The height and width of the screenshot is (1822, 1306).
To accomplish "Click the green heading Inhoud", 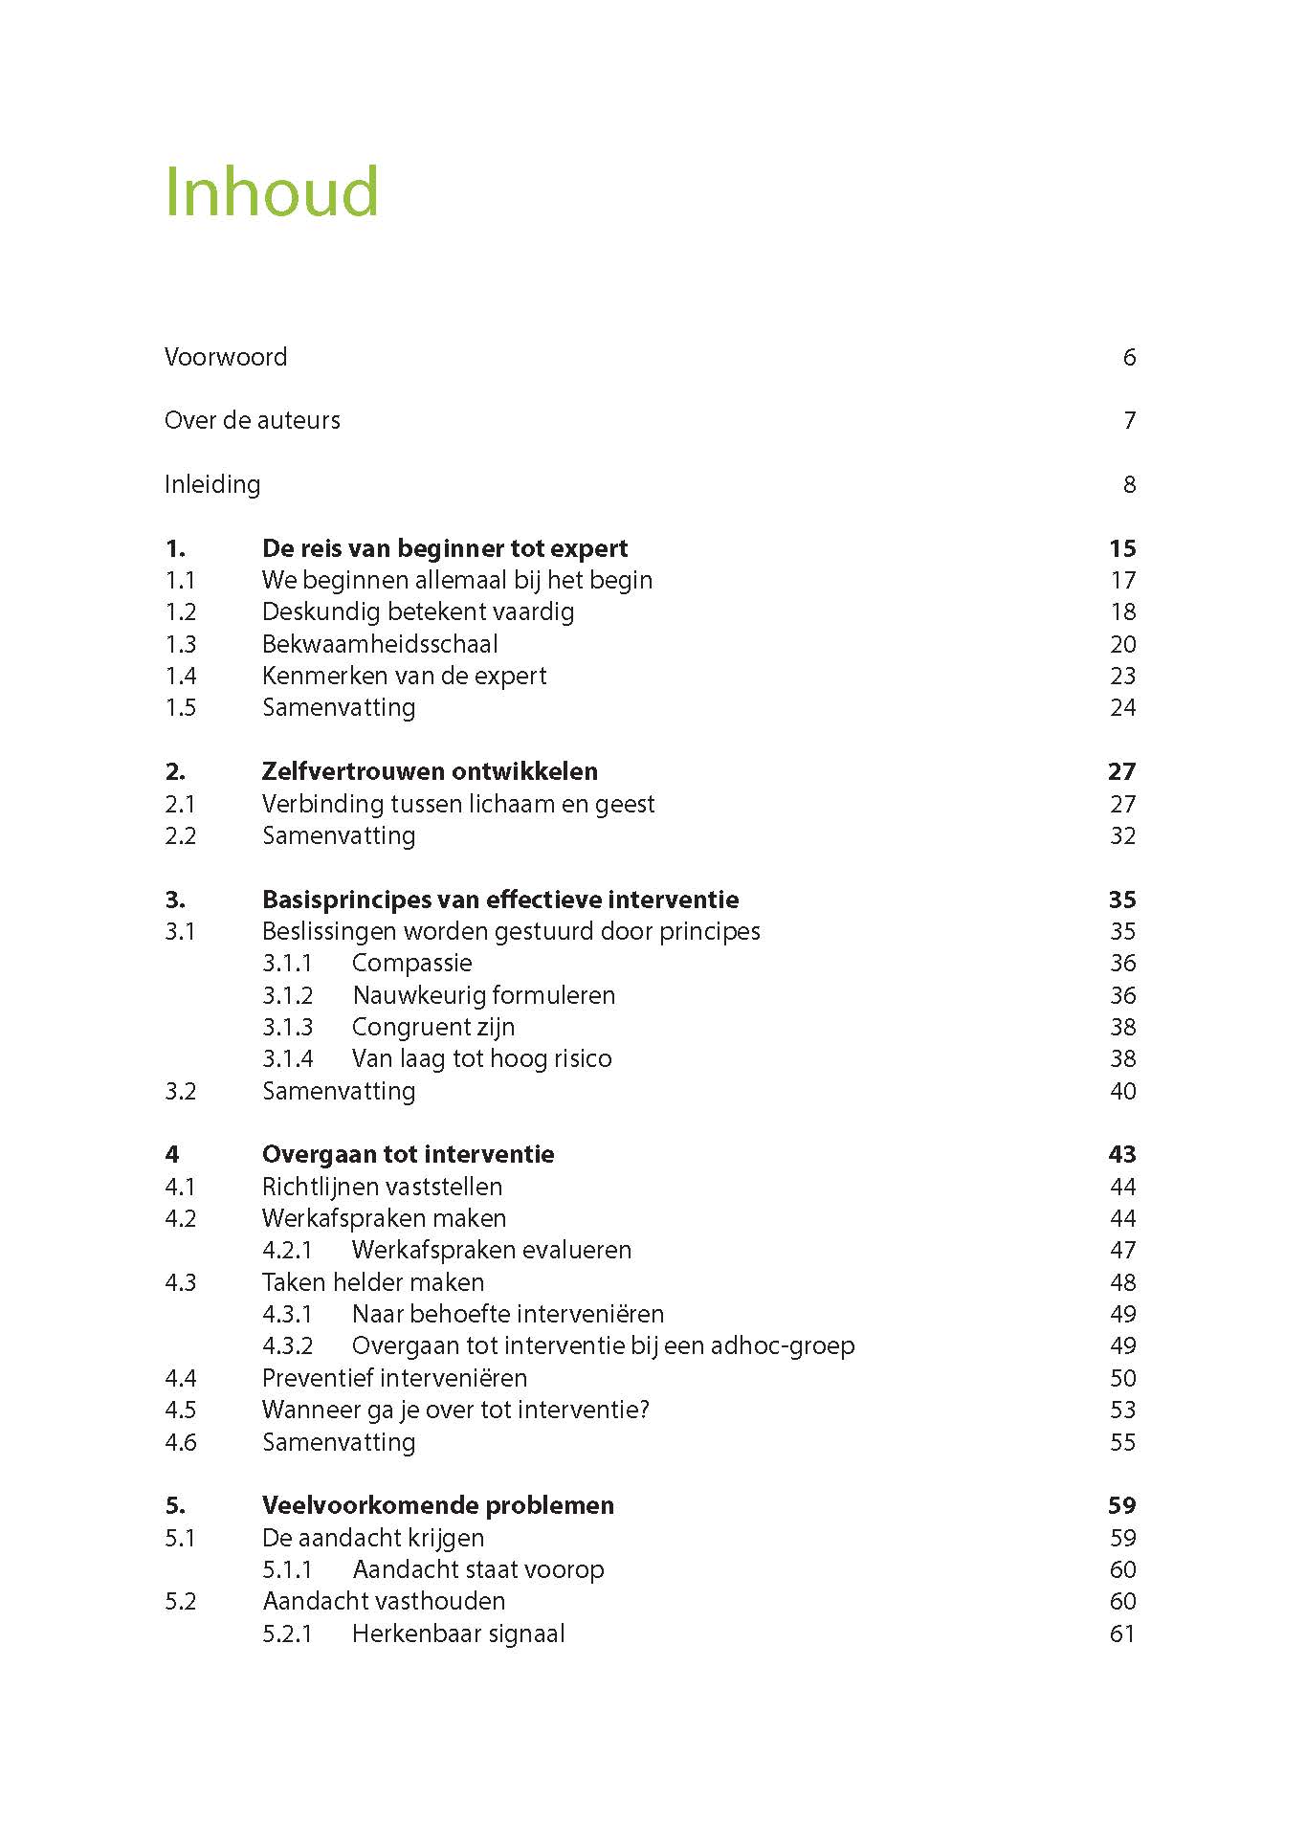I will click(x=272, y=192).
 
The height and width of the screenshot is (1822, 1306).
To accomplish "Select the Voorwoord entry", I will click(x=226, y=357).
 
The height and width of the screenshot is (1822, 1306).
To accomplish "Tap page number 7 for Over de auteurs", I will click(x=1129, y=420).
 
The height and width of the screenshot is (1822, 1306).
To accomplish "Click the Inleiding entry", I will click(x=212, y=484).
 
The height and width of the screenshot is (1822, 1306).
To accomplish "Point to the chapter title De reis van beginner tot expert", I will click(x=445, y=548).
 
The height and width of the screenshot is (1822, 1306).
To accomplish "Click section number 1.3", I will click(x=180, y=644).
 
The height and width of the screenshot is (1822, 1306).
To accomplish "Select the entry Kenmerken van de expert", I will click(x=404, y=676).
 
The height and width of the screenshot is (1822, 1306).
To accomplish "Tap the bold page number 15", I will click(x=1122, y=548).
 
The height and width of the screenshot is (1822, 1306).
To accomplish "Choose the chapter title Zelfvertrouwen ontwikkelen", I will click(x=430, y=771).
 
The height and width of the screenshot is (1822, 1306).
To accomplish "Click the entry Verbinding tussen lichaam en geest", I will click(x=458, y=804).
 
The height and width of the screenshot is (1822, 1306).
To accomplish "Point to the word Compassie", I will click(x=411, y=963).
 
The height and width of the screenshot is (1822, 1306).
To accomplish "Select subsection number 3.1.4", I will click(x=287, y=1058).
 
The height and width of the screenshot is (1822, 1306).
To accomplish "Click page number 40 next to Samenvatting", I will click(x=1122, y=1091).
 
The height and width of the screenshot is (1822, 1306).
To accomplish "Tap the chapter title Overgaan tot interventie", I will click(x=408, y=1154).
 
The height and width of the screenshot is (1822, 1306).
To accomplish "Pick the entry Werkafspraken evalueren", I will click(x=491, y=1250).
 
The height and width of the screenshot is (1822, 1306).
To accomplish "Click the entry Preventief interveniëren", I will click(x=394, y=1378).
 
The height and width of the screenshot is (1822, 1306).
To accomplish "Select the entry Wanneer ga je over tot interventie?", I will click(x=455, y=1410).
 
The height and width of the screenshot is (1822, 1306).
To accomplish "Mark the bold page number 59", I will click(x=1121, y=1505).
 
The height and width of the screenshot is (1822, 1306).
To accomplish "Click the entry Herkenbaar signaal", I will click(x=458, y=1633).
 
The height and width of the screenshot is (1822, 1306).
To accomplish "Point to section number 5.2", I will click(x=180, y=1601).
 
